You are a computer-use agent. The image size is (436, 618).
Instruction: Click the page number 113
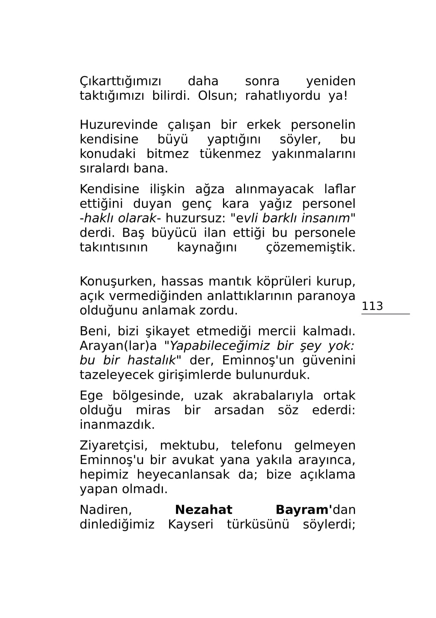click(x=372, y=306)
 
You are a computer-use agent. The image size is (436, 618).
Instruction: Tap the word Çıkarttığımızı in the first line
click(x=120, y=82)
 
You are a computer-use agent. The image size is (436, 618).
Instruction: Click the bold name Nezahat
click(x=204, y=510)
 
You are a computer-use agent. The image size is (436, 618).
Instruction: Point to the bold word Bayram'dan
click(x=315, y=510)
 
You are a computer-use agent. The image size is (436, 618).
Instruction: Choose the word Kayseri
click(x=191, y=525)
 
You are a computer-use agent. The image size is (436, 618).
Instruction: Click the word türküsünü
click(x=258, y=525)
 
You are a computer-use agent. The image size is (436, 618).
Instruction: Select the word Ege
click(x=91, y=396)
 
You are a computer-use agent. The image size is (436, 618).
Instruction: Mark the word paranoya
click(x=326, y=296)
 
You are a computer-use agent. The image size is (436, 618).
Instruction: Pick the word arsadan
click(x=239, y=411)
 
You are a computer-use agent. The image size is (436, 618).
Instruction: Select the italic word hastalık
click(x=151, y=360)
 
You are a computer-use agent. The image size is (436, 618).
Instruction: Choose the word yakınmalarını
click(x=313, y=154)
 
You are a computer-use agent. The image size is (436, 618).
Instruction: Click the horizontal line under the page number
click(x=385, y=314)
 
